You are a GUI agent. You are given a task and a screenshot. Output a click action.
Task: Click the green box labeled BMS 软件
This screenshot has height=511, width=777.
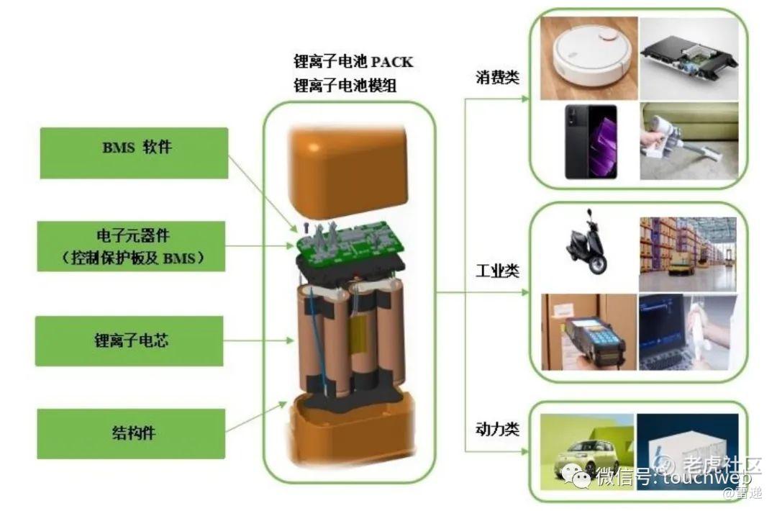134,153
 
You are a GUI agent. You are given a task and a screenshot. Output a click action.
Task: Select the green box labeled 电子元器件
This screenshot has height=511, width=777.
132,246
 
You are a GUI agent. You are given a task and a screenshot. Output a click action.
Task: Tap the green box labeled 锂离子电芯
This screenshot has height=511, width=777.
129,341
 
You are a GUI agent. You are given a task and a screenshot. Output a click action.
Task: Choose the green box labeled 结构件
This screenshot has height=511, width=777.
132,434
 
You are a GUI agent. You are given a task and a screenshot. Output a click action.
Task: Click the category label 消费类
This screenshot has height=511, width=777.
497,77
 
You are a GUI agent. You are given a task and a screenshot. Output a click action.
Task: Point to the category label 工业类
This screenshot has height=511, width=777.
497,271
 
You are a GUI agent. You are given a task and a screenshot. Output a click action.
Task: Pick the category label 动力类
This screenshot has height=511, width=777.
497,429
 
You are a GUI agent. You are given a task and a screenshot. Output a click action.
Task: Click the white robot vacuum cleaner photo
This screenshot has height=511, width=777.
589,58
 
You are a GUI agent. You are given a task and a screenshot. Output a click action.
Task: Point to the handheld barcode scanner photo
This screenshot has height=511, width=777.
589,332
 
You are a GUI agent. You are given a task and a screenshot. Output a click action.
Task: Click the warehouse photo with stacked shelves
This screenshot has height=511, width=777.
688,254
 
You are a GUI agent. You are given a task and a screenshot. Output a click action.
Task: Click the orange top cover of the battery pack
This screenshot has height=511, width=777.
350,172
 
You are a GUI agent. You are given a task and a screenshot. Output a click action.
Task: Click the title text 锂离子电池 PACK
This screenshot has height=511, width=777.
353,62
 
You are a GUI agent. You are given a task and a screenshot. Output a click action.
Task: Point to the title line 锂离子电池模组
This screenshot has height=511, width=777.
345,85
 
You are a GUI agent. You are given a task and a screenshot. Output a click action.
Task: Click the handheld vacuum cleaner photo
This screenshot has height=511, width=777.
689,141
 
